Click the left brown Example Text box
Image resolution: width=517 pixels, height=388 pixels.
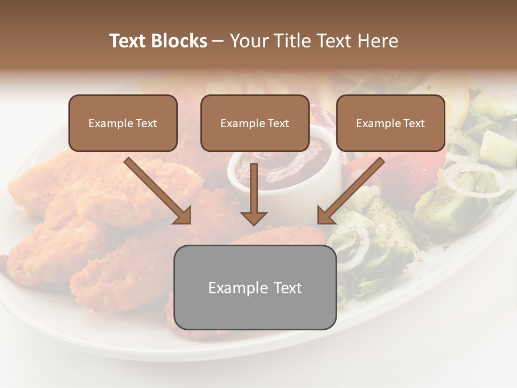[x=123, y=123]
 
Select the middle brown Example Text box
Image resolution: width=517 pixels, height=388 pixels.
[x=255, y=123]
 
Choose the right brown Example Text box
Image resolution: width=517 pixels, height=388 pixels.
[x=390, y=123]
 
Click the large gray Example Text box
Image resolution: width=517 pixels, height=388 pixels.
[x=255, y=287]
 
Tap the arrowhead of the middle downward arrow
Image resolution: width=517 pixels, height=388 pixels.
[x=254, y=218]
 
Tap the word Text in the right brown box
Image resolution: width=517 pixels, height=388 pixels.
[x=414, y=123]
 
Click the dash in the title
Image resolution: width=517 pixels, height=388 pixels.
[x=218, y=41]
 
